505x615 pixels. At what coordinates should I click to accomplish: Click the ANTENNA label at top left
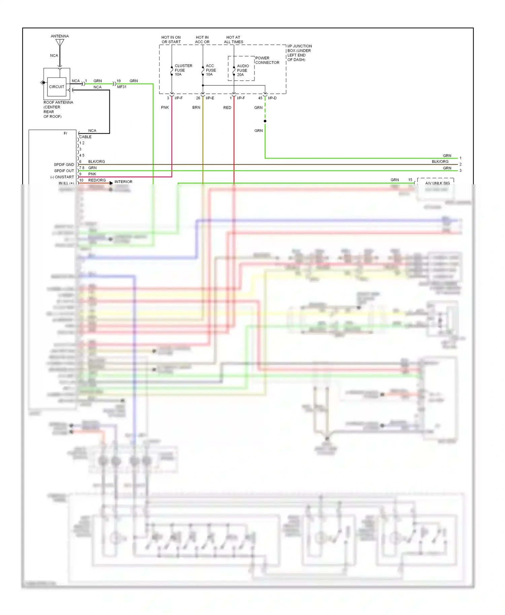click(60, 36)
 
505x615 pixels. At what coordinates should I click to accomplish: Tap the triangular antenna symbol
click(60, 43)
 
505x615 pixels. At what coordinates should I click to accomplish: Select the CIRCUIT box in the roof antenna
click(57, 87)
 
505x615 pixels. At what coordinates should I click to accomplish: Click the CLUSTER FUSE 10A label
click(183, 70)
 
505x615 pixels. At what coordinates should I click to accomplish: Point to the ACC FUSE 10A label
click(211, 70)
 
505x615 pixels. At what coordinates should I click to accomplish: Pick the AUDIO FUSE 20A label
click(242, 70)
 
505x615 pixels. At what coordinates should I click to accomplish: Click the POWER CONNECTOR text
click(267, 60)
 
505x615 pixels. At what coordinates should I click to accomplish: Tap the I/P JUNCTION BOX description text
click(299, 53)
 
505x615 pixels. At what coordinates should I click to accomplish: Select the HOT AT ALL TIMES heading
click(233, 40)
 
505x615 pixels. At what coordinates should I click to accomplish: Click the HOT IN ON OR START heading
click(171, 40)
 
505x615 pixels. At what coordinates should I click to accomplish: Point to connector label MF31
click(122, 87)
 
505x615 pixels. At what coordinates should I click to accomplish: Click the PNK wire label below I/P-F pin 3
click(165, 108)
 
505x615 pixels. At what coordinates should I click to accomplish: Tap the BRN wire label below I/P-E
click(196, 108)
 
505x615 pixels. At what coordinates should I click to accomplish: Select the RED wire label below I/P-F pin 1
click(227, 108)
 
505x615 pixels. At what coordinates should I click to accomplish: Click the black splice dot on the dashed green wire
click(265, 121)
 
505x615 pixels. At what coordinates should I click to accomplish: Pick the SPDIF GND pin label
click(64, 165)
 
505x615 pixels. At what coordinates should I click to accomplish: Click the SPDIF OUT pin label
click(64, 171)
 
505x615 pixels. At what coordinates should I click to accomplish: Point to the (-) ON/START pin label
click(62, 177)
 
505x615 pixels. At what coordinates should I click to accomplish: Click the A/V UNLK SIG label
click(437, 183)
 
